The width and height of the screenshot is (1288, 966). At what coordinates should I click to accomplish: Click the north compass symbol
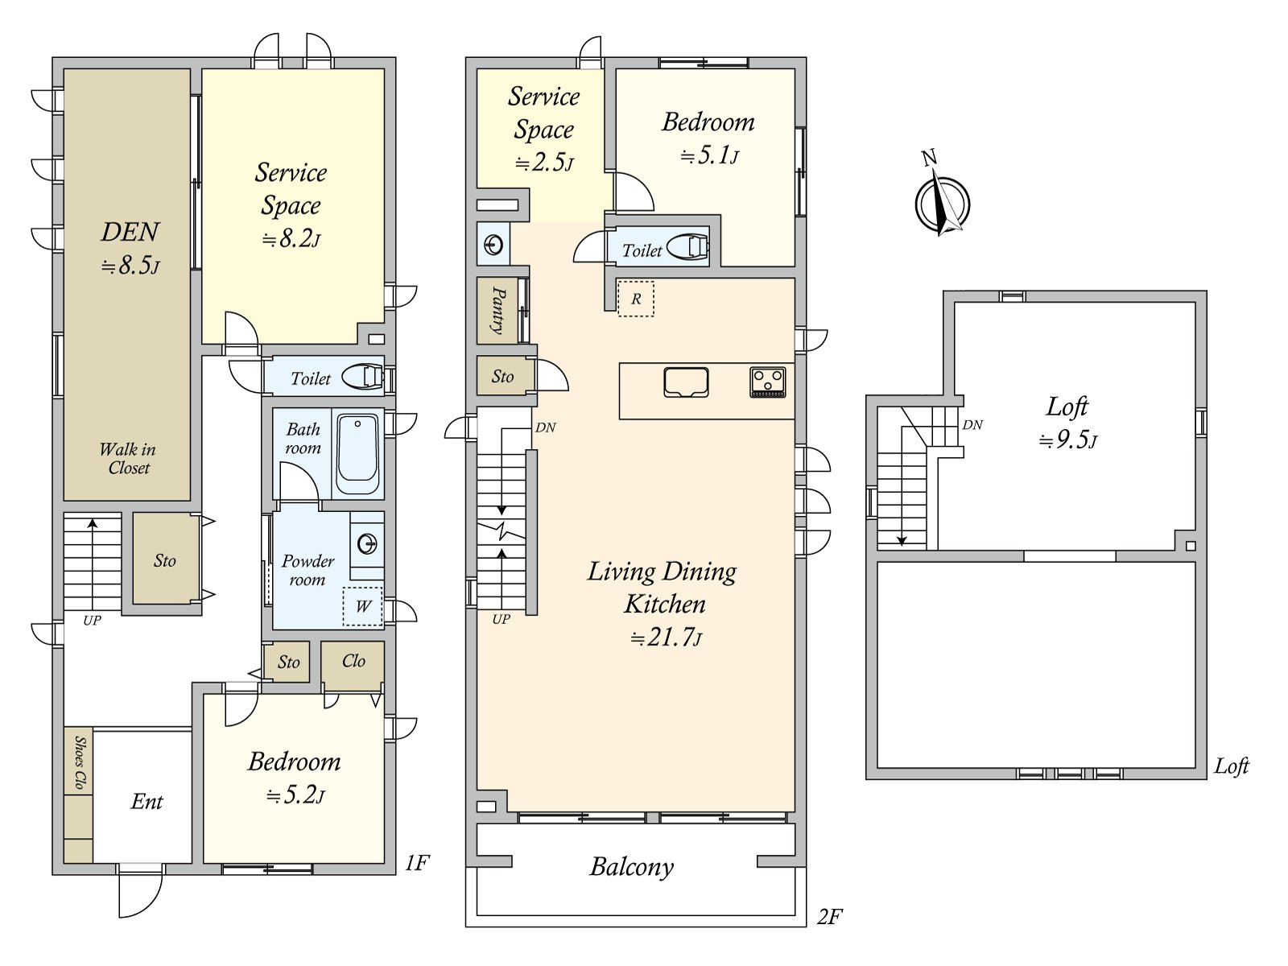pos(942,201)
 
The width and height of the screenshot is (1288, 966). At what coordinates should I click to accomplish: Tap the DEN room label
pos(130,233)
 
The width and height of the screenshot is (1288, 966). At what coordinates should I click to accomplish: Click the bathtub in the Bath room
pos(357,454)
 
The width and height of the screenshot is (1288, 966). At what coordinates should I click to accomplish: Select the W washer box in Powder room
pos(362,606)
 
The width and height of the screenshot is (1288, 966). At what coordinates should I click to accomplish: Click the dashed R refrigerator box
pos(635,299)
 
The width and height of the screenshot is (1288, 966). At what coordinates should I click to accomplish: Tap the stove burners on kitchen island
pos(767,382)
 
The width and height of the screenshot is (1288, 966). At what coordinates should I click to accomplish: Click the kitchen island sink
pos(686,382)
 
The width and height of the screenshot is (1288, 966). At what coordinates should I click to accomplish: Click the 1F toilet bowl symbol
pos(362,376)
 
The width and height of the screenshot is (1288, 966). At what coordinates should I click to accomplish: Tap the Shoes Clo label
pos(80,762)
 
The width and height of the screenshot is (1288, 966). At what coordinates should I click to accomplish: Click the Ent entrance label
pos(147,802)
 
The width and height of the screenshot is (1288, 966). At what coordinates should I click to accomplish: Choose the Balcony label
pos(631,867)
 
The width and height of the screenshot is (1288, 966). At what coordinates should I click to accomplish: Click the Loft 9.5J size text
pos(1067,440)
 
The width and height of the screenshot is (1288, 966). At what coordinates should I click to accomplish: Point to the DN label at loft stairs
pos(972,425)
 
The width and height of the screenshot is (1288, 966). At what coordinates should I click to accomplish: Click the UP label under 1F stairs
pos(92,621)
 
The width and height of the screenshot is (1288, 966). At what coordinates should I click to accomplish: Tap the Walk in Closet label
pos(128,458)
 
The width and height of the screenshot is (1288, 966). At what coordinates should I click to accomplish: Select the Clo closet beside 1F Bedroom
pos(353,662)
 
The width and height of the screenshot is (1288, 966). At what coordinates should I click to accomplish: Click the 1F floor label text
pos(416,864)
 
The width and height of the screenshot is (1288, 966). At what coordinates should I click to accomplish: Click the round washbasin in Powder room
pos(367,545)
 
